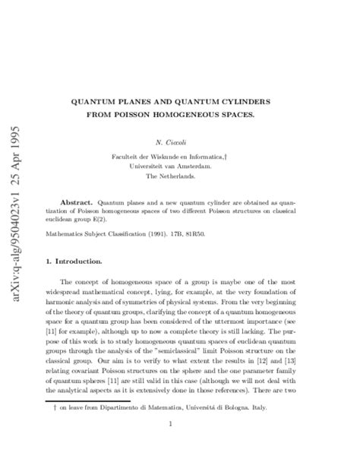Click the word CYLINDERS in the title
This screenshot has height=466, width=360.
point(264,100)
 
